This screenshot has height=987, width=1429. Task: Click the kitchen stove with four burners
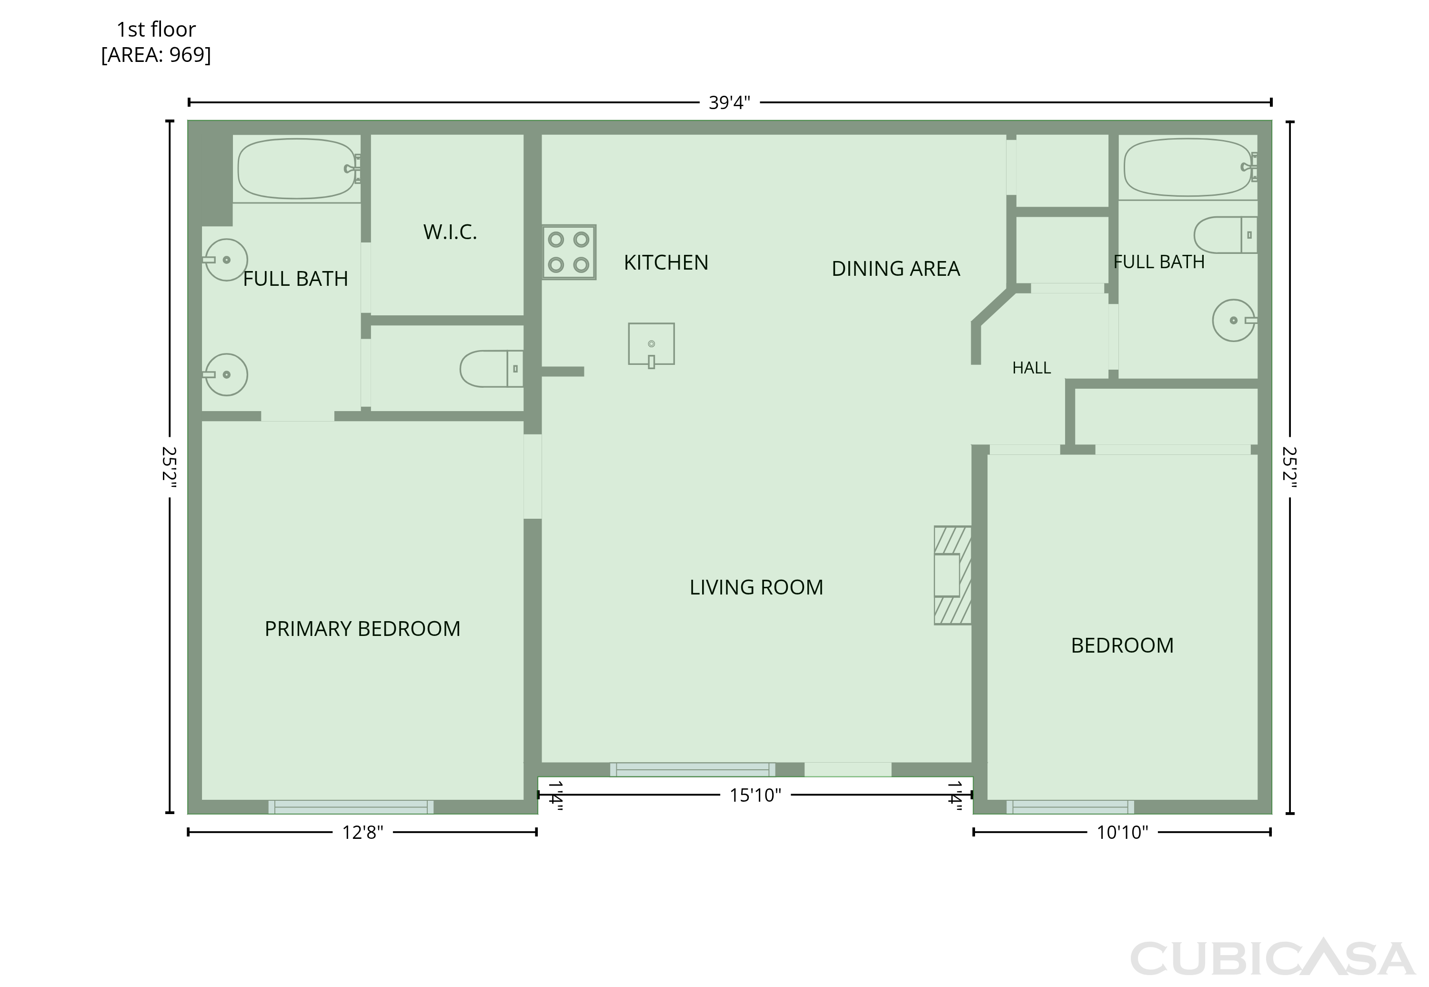[x=569, y=252]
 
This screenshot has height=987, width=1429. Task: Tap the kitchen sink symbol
[x=651, y=344]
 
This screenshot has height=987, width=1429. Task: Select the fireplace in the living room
[x=952, y=575]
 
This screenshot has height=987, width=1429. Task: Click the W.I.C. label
[x=450, y=232]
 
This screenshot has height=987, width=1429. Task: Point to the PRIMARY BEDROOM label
[x=362, y=629]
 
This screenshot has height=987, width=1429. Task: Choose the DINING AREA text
[x=896, y=269]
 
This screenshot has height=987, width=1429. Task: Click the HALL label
[x=1031, y=368]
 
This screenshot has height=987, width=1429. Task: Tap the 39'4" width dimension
[x=730, y=103]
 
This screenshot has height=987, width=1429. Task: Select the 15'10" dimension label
[x=755, y=796]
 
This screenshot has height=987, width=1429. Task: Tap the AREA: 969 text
[x=156, y=55]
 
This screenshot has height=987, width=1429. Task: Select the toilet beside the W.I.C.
[x=492, y=369]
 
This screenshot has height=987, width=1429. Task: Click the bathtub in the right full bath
[x=1188, y=167]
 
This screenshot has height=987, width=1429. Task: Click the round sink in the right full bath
[x=1234, y=320]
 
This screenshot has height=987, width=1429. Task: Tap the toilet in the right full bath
[x=1226, y=235]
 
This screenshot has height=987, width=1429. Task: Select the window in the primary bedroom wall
[x=351, y=807]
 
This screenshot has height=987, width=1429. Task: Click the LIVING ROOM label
[x=756, y=587]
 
